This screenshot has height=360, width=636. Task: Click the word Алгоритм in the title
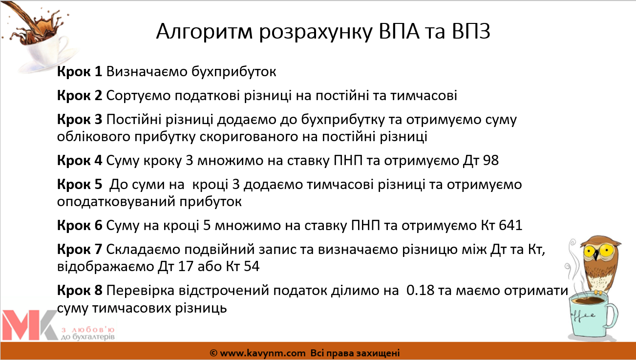204,32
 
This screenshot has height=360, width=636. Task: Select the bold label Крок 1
80,71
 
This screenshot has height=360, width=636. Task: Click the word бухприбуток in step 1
233,72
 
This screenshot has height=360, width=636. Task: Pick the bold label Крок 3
80,119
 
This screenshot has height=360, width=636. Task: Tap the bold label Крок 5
80,184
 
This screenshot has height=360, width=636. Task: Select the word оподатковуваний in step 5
116,202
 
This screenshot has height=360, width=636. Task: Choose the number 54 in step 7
251,266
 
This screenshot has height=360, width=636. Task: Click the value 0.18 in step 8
420,291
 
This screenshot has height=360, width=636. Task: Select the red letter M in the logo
21,325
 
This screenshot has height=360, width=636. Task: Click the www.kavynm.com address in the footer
263,353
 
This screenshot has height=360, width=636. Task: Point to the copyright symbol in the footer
213,353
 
